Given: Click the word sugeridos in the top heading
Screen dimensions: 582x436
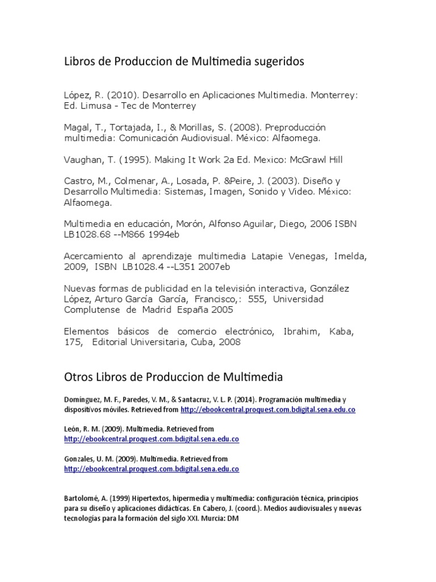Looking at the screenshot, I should tap(278, 63).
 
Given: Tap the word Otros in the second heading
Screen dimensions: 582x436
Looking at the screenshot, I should tap(79, 377).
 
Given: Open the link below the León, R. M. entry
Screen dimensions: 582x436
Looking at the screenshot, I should tap(152, 439).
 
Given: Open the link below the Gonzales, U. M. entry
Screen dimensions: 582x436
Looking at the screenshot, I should tap(152, 469).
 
